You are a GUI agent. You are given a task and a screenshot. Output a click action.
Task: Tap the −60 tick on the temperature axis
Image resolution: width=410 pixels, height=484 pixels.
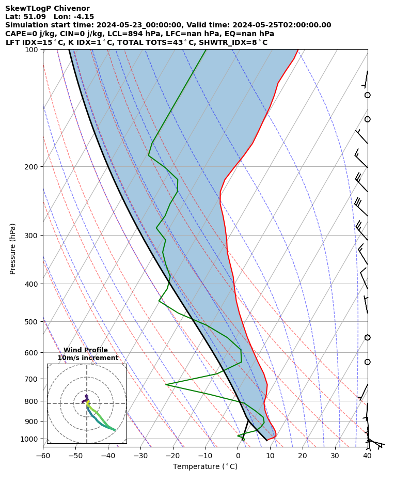(43, 456)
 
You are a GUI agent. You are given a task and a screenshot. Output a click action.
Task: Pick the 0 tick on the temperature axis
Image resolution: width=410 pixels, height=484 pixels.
(238, 456)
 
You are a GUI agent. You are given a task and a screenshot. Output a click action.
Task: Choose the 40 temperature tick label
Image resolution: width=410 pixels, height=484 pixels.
(367, 456)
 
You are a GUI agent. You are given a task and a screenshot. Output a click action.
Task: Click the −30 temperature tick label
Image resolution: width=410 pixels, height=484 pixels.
(140, 456)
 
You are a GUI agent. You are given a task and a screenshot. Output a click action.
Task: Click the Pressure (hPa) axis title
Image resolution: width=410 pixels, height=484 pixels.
(13, 248)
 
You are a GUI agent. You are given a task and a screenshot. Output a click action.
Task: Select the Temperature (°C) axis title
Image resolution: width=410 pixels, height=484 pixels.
(205, 467)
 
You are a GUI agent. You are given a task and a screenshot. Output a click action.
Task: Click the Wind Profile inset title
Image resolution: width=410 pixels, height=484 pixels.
(86, 350)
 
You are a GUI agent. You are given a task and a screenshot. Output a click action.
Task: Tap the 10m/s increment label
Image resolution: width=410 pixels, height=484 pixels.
(88, 358)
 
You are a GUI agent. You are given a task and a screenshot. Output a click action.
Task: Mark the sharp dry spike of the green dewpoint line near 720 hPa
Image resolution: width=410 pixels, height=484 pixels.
(166, 384)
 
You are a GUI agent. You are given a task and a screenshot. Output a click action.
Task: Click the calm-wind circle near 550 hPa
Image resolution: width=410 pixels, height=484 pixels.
(368, 337)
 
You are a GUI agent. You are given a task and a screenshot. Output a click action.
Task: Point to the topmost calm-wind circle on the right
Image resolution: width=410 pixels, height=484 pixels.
(368, 95)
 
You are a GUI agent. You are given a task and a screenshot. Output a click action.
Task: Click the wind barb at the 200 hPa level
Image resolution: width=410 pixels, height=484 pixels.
(361, 160)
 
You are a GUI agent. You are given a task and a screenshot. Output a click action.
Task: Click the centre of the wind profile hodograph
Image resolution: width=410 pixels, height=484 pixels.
(87, 403)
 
